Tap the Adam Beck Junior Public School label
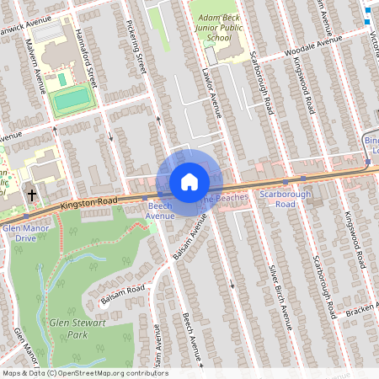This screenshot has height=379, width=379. pyautogui.click(x=213, y=25)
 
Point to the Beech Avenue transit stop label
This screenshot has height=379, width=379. pyautogui.click(x=160, y=211)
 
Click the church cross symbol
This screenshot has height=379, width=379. pyautogui.click(x=31, y=195)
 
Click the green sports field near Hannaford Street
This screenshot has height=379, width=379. pyautogui.click(x=72, y=99)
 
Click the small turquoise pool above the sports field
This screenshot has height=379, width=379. pyautogui.click(x=62, y=79)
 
